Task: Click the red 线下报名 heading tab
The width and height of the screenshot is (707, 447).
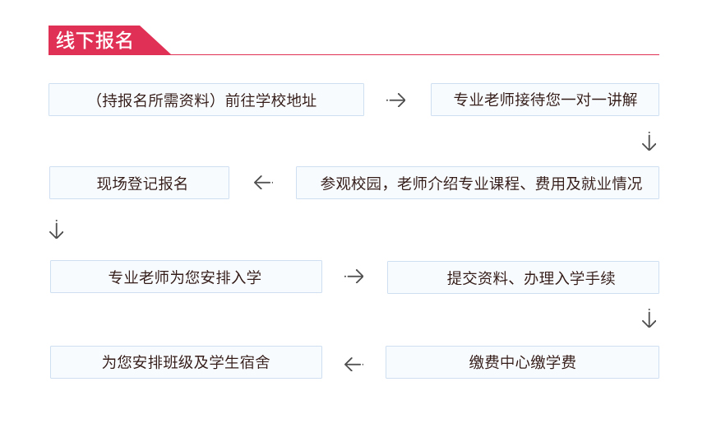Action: click(104, 40)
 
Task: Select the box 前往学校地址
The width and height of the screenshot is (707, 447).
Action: click(206, 100)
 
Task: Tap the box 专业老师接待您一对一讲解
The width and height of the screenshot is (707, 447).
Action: click(545, 100)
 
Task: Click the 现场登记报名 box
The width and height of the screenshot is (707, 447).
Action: click(139, 183)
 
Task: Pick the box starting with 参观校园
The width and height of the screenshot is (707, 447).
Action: click(478, 183)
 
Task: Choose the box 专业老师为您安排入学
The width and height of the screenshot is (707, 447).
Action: click(187, 277)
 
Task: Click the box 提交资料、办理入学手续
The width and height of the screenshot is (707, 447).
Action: click(523, 277)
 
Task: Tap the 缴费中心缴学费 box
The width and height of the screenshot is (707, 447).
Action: click(522, 362)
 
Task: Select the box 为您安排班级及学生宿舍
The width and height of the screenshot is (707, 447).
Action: click(187, 362)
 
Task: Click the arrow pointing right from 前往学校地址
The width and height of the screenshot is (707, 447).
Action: click(396, 100)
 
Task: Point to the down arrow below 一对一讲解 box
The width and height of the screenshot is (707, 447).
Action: click(649, 142)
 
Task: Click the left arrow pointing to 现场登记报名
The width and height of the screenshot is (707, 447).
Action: click(263, 183)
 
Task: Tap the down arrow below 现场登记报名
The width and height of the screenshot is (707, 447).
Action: click(57, 230)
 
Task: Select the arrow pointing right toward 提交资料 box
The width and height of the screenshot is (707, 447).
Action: click(354, 277)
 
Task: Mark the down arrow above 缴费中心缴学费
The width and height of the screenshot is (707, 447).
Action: click(649, 319)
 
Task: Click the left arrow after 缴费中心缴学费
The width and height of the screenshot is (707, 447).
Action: click(354, 364)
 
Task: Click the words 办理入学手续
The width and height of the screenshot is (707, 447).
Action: click(570, 277)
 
